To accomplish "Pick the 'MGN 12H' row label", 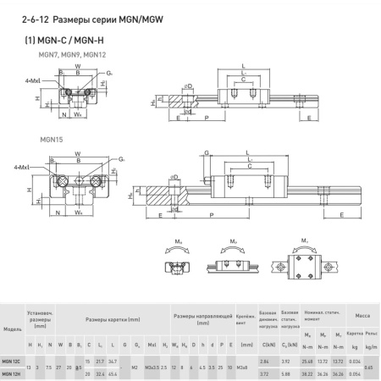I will (x=13, y=373).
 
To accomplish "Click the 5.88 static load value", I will (x=289, y=373).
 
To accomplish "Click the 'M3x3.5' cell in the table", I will (x=151, y=367).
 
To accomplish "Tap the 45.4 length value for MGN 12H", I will (x=113, y=373).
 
